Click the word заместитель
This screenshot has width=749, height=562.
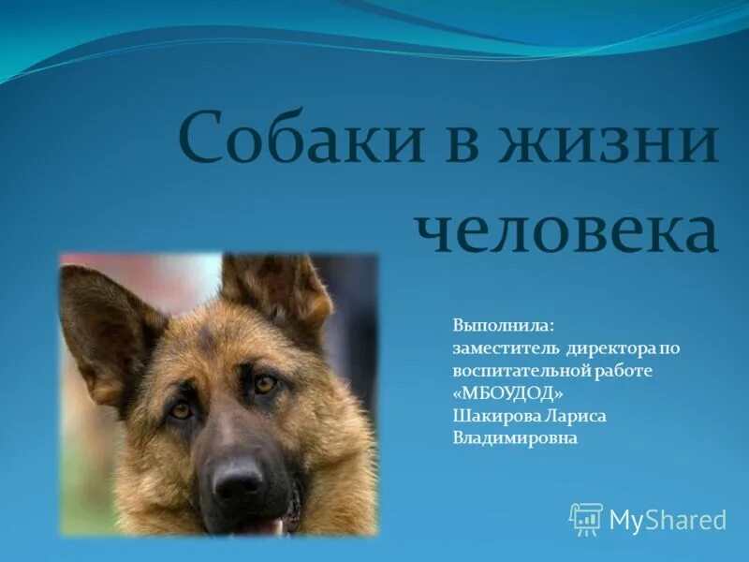pos(507,348)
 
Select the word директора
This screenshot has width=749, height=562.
pos(609,348)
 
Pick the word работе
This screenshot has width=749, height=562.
pos(624,371)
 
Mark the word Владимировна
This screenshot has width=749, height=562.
pos(515,437)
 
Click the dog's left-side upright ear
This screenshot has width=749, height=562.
pos(106,323)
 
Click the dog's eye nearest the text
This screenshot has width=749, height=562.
pos(265,383)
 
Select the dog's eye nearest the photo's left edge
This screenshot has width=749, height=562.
pos(181,408)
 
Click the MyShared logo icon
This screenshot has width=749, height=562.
pos(586,518)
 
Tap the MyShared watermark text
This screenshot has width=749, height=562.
pos(668,520)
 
